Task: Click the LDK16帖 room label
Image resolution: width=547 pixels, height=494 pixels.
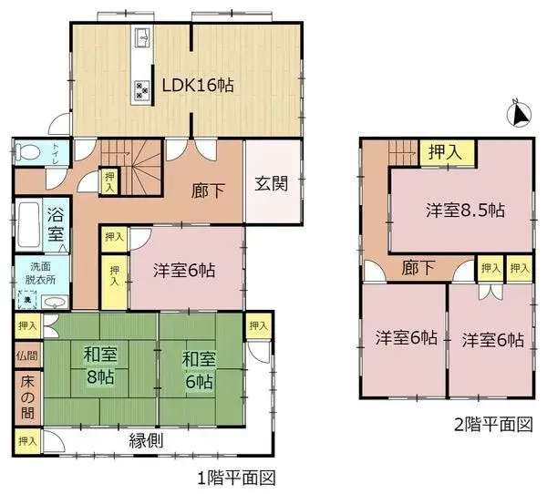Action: click(198, 85)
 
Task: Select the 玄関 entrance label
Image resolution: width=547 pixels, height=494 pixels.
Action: click(272, 182)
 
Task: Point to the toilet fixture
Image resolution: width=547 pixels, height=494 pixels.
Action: click(26, 152)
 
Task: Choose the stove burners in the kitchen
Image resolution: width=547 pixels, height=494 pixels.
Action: click(143, 89)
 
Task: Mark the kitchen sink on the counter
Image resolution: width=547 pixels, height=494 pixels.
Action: click(143, 37)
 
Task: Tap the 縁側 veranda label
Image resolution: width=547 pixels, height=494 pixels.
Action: click(148, 439)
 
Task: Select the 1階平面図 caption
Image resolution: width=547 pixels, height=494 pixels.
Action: click(236, 477)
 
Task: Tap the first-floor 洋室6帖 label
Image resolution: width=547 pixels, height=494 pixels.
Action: click(184, 270)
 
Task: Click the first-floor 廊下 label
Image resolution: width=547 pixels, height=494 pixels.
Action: click(202, 193)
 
